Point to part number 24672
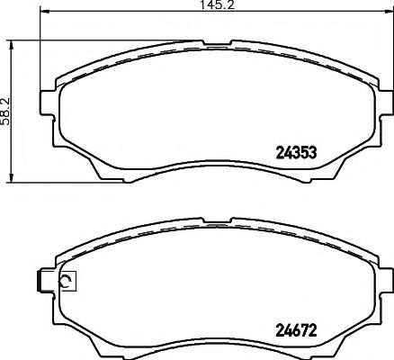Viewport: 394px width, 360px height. point(298,328)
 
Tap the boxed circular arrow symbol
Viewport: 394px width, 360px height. point(66,283)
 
